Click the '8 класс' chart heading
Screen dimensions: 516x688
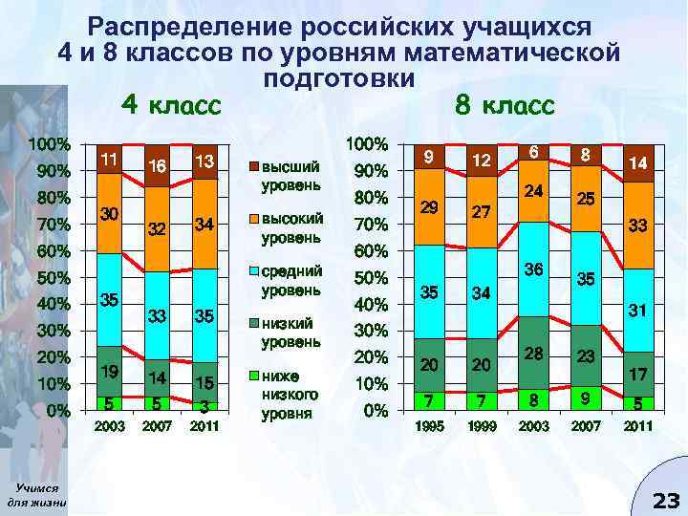click(505, 104)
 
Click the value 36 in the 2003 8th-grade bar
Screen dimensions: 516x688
click(532, 270)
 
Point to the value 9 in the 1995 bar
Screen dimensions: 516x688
click(429, 155)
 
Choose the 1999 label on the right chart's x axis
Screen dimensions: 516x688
click(481, 427)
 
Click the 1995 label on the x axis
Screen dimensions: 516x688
click(429, 427)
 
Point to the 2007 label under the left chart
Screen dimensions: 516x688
click(157, 427)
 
